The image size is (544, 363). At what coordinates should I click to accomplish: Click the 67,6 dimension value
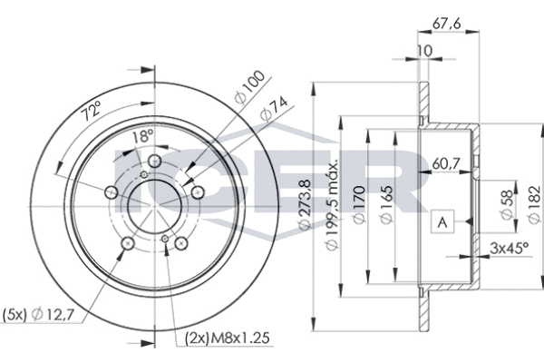[446, 24]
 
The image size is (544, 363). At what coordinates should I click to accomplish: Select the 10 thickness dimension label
[424, 51]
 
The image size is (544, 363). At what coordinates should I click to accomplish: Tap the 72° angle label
[91, 110]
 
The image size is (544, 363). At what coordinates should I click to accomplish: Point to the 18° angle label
[143, 136]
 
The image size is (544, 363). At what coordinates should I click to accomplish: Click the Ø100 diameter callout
[249, 87]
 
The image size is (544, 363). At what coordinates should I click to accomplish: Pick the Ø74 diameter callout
[274, 109]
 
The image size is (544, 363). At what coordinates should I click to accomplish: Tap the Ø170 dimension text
[359, 205]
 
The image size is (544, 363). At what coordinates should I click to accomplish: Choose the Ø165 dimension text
[386, 205]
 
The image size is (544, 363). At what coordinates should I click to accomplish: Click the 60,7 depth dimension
[446, 163]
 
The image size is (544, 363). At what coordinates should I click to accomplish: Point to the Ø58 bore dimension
[507, 205]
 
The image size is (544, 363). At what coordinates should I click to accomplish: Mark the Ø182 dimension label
[534, 204]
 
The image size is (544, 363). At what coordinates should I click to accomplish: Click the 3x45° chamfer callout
[509, 248]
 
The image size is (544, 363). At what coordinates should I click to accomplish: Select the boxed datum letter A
[442, 221]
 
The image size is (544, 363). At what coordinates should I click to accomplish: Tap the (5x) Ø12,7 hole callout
[38, 315]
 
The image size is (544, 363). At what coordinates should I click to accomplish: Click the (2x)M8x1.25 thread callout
[228, 338]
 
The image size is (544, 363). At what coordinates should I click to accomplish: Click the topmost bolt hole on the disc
[154, 161]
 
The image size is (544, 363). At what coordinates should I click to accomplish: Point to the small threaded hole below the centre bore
[165, 239]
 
